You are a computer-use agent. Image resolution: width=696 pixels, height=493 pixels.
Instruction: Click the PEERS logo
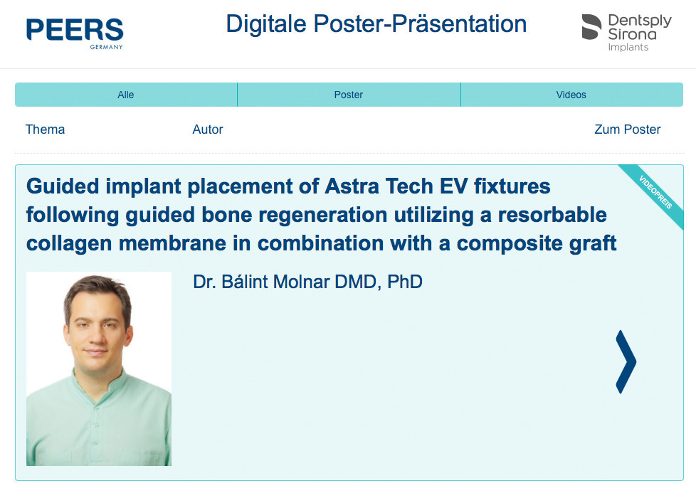[75, 33]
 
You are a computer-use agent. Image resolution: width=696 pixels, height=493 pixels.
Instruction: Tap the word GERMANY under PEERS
[106, 46]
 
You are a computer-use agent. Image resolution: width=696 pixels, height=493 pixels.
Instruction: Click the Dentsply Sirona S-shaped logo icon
[591, 26]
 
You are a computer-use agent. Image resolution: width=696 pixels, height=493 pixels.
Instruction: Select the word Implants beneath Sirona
[628, 47]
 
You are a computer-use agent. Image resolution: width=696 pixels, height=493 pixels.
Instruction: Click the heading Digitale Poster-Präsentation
[376, 23]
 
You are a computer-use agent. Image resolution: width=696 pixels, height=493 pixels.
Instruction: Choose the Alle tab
[126, 95]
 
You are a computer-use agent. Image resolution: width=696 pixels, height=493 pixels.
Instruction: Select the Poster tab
[349, 95]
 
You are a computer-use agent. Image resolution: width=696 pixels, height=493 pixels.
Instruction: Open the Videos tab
[571, 95]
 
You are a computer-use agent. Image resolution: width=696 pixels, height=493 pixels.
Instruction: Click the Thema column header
[46, 129]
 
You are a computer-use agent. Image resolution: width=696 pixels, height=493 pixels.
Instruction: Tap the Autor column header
[208, 129]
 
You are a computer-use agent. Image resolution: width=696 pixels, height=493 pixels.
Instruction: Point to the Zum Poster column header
[628, 129]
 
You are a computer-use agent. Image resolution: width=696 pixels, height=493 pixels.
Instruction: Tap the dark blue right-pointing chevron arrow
[626, 361]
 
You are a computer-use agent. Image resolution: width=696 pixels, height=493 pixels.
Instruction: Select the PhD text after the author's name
[405, 282]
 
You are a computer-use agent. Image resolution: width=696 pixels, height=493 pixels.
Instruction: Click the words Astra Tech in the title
[379, 186]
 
